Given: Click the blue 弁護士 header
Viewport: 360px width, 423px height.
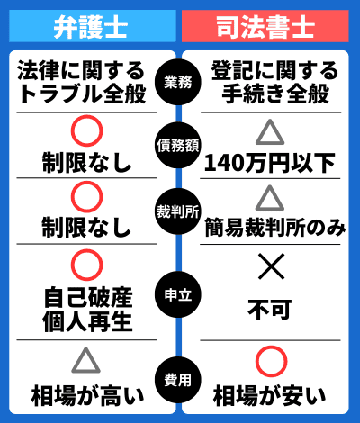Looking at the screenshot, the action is [93, 26].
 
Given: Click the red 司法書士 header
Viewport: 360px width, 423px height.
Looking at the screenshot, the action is [265, 26].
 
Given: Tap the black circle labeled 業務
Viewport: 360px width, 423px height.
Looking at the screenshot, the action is [178, 82].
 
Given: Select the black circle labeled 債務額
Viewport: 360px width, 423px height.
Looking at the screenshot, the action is [178, 146].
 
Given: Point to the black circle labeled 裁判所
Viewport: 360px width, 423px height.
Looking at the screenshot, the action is [178, 211].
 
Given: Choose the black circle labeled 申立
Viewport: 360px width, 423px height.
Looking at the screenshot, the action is [178, 294].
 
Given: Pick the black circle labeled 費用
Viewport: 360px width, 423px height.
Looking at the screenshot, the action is [178, 380].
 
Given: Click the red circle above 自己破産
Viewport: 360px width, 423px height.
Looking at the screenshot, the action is [87, 251].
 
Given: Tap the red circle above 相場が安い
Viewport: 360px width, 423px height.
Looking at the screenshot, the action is [272, 347].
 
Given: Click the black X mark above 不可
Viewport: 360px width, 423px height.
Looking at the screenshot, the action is [271, 266].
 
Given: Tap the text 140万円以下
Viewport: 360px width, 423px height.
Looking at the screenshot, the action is [269, 163].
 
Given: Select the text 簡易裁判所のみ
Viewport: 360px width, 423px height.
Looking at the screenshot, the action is [275, 228].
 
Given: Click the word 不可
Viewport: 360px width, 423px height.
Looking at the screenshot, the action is [270, 310].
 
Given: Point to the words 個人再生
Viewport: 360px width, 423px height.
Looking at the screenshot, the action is [87, 322].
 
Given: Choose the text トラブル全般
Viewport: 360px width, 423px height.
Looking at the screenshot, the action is [82, 94].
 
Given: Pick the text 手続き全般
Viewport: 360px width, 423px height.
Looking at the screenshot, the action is [275, 94].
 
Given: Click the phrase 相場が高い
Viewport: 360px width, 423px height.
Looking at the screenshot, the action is [87, 396].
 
